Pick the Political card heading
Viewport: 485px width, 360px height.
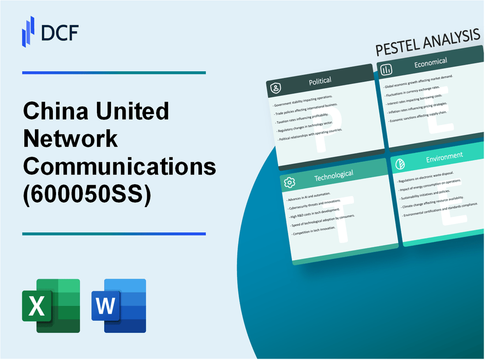click(321, 81)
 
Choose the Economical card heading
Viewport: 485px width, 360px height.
click(430, 63)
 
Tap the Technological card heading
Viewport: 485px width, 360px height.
click(333, 175)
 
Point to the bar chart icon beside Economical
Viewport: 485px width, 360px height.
click(387, 70)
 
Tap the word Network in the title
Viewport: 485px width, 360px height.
click(70, 139)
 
